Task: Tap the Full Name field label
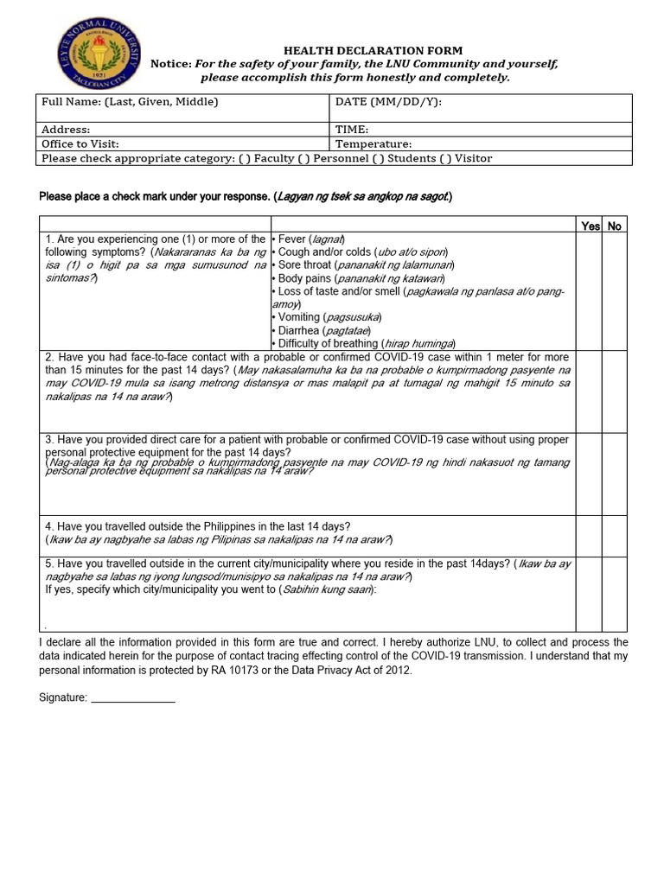130,102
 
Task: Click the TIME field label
352,130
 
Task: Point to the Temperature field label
373,144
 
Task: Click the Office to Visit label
80,144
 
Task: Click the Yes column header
591,226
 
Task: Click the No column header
615,226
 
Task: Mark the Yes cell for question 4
590,536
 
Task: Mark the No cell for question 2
615,392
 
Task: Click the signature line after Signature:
133,697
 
